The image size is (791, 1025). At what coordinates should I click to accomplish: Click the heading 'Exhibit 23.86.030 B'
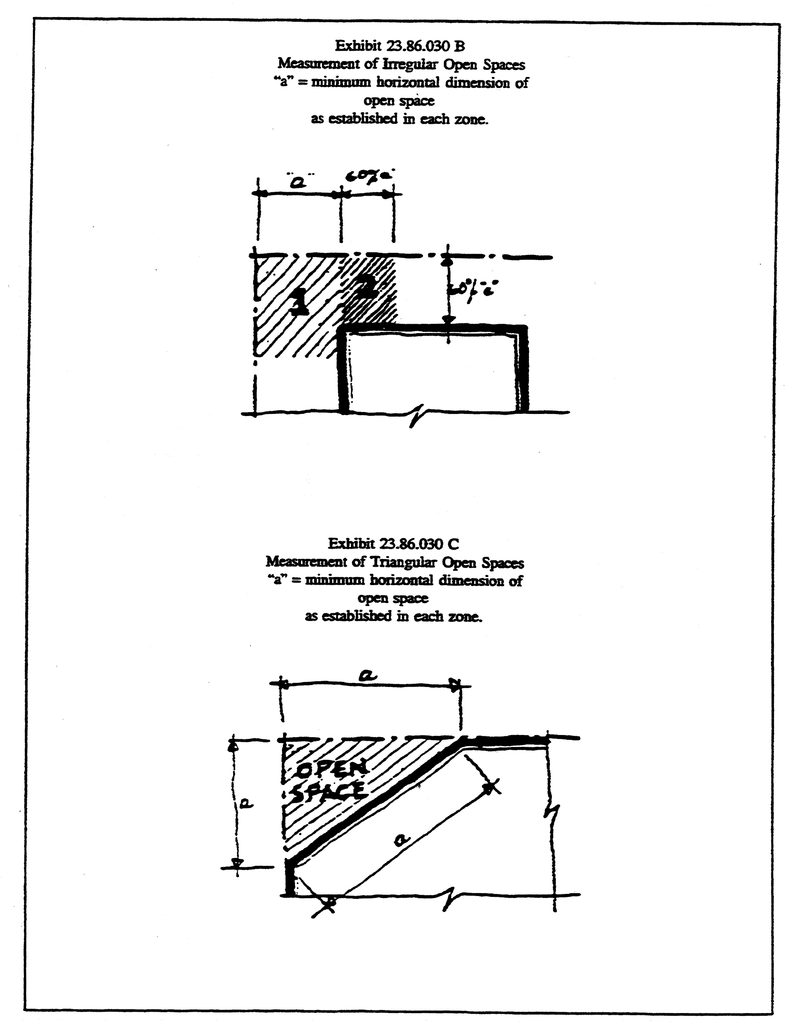click(399, 46)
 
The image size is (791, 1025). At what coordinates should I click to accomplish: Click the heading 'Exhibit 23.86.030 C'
click(393, 544)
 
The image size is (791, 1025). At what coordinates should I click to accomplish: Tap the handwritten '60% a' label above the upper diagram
click(369, 176)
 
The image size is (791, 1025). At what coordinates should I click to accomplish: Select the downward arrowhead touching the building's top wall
click(448, 319)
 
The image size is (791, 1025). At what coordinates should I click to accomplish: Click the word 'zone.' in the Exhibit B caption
click(471, 119)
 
